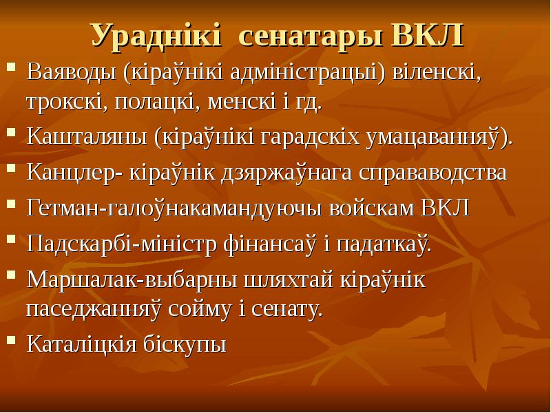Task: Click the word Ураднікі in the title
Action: click(156, 36)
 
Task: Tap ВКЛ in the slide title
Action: click(427, 35)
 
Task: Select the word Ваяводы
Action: click(72, 72)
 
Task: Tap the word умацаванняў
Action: click(436, 136)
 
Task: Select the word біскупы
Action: click(185, 343)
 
